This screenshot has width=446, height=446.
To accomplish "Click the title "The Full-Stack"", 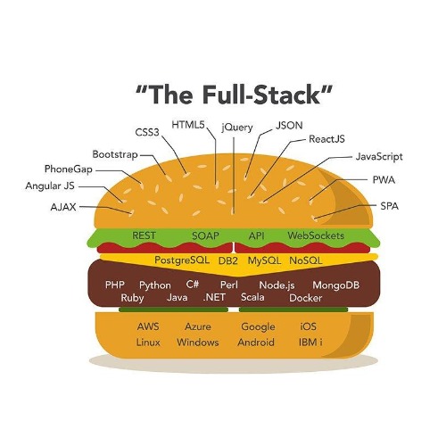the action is click(x=234, y=95).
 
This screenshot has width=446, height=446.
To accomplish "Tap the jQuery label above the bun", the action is click(x=237, y=128).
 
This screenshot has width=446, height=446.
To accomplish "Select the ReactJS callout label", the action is click(x=326, y=139).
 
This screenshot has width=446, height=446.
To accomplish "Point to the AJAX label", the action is click(x=63, y=207).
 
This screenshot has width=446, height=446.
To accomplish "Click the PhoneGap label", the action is click(x=69, y=169).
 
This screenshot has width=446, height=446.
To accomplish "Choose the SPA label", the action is click(x=390, y=206).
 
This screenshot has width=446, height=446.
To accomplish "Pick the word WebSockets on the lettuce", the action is click(x=316, y=235).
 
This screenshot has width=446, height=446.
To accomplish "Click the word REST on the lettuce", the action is click(x=144, y=235).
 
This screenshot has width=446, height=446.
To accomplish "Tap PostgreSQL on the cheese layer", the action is click(x=182, y=260).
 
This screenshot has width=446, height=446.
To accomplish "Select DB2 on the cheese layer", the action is click(x=228, y=260).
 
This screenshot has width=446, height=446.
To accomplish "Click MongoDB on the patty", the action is click(x=336, y=285).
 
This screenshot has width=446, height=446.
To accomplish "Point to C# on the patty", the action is click(x=193, y=285).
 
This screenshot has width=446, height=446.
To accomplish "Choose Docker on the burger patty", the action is click(x=306, y=298).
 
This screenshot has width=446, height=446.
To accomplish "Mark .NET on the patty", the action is click(x=214, y=297).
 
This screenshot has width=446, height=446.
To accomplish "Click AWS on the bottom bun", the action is click(x=148, y=326).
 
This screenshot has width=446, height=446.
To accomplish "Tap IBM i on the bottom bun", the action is click(x=310, y=343).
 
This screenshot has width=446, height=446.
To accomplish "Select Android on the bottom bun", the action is click(x=256, y=343).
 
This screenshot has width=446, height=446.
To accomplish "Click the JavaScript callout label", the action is click(x=379, y=157).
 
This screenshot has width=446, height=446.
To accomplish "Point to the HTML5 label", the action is click(x=188, y=125).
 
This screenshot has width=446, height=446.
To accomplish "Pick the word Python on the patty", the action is click(x=155, y=285).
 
